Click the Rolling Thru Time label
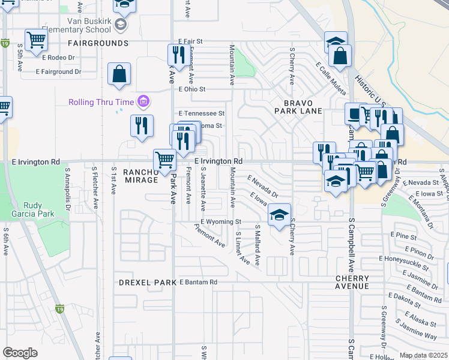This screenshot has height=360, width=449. pyautogui.click(x=101, y=101)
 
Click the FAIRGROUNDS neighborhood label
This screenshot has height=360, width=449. pyautogui.click(x=98, y=43)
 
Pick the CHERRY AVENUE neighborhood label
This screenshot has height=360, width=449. pyautogui.click(x=352, y=282)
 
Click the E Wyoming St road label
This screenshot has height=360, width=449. pyautogui.click(x=220, y=221)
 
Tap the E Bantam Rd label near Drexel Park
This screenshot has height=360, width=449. pyautogui.click(x=197, y=282)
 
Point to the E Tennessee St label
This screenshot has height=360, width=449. pyautogui.click(x=202, y=113)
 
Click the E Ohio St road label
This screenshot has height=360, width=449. pyautogui.click(x=192, y=89)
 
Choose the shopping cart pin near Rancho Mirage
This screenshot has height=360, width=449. pyautogui.click(x=165, y=160)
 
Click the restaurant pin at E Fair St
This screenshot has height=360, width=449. pyautogui.click(x=179, y=55)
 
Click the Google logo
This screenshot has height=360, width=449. pyautogui.click(x=20, y=353)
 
